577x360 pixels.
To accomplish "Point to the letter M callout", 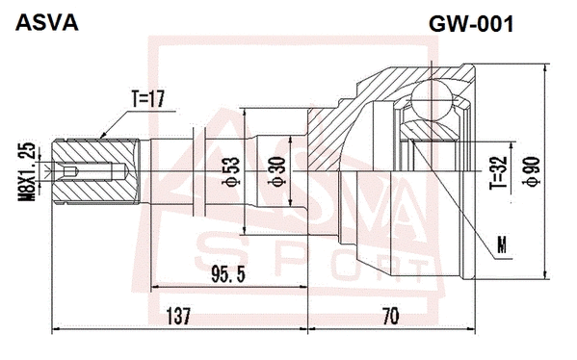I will point(500,247).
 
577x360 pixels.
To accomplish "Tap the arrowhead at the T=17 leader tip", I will point(100,139).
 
